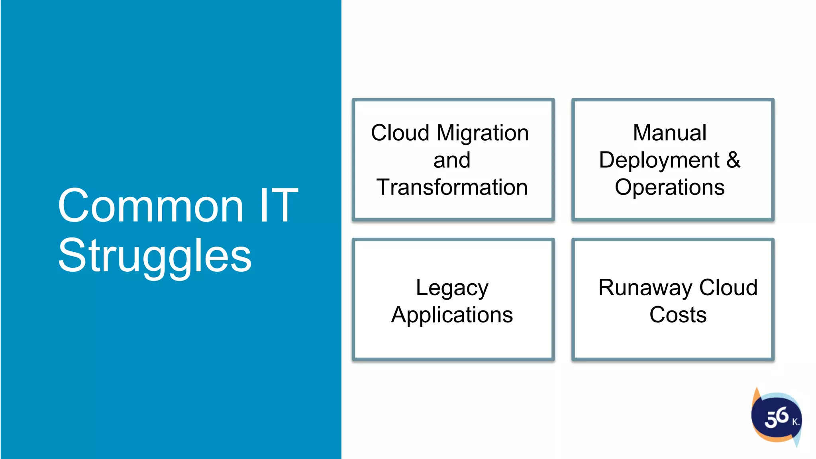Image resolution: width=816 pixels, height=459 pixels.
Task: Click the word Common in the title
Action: click(151, 206)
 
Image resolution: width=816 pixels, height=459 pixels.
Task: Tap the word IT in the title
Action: click(279, 206)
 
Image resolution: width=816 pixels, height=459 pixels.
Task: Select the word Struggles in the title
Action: click(155, 256)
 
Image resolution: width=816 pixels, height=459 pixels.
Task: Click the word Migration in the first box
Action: click(483, 133)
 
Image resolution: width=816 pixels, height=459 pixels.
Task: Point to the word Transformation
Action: click(452, 187)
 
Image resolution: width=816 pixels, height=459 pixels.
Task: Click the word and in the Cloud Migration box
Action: click(452, 160)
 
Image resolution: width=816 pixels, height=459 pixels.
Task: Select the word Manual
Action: click(670, 133)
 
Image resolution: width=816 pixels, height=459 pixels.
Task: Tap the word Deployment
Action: click(659, 161)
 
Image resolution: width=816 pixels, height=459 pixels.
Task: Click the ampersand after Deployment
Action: click(733, 160)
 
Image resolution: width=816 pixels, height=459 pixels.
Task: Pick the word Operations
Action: click(670, 187)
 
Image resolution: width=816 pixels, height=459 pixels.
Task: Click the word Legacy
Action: click(452, 288)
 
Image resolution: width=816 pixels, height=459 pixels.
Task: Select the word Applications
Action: click(452, 315)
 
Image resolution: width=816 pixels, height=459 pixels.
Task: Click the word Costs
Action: click(678, 315)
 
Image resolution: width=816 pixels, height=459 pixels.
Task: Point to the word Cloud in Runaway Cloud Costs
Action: click(728, 288)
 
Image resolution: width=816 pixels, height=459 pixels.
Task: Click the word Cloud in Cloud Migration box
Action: click(400, 133)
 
